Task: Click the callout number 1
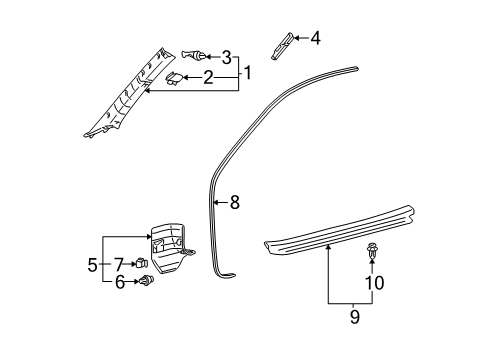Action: point(247,72)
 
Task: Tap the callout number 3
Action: point(226,57)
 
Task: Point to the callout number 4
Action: point(315,39)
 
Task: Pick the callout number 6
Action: point(119,283)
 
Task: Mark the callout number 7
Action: point(119,264)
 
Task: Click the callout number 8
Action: point(234,203)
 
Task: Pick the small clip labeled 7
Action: point(142,265)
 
